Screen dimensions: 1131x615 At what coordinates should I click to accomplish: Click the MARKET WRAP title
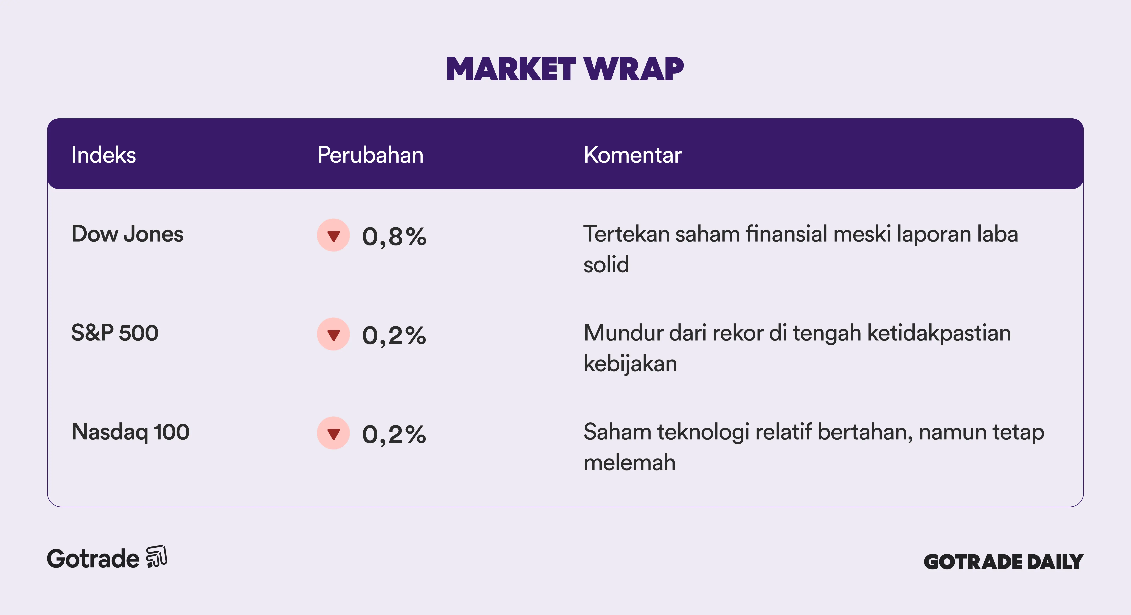(565, 69)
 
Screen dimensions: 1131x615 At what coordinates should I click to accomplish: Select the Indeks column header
(104, 155)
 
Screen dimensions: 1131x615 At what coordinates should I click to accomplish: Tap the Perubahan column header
(371, 155)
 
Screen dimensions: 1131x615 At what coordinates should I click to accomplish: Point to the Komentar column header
(633, 155)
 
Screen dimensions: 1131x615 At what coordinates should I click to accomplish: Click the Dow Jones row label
(127, 234)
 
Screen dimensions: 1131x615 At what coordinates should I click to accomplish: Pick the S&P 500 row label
(115, 333)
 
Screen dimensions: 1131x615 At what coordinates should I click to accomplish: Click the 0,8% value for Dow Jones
(394, 237)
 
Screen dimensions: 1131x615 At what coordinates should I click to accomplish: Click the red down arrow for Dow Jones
(334, 236)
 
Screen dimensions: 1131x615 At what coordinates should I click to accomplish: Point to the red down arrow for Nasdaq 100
(334, 434)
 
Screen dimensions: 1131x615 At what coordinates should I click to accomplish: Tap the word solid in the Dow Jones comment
(606, 264)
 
